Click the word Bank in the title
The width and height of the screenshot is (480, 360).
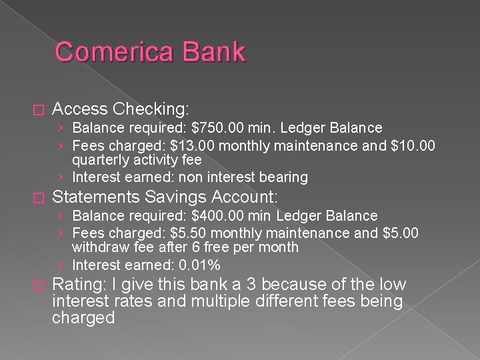coord(212,51)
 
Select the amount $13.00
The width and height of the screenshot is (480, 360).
coord(193,144)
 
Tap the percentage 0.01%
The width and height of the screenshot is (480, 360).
coord(197,265)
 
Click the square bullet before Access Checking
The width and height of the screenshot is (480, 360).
coord(36,108)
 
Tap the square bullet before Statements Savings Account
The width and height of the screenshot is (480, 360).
coord(36,197)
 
